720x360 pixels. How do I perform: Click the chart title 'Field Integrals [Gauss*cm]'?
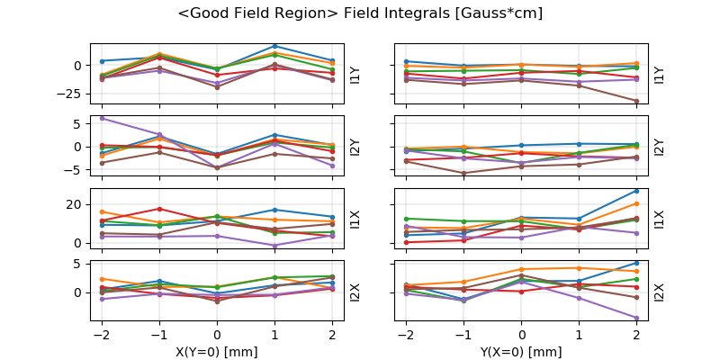[x=360, y=13]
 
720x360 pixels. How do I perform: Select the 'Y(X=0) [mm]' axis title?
[x=522, y=352]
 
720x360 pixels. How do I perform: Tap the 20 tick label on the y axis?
[x=76, y=204]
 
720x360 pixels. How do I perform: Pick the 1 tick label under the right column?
[x=580, y=335]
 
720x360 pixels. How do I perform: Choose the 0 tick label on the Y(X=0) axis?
[x=522, y=335]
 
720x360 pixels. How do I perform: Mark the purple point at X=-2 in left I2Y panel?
[x=102, y=118]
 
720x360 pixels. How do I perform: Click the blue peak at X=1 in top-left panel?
[x=274, y=46]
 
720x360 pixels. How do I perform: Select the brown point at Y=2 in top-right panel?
[x=636, y=102]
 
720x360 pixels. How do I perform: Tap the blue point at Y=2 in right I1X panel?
[x=636, y=191]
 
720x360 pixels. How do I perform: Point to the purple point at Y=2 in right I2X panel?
[x=636, y=318]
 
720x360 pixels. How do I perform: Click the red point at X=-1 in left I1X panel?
[x=159, y=209]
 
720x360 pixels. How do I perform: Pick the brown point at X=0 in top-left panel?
[x=217, y=87]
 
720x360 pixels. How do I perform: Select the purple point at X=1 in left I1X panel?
[x=274, y=246]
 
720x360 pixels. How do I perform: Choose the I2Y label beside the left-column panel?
[x=354, y=146]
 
